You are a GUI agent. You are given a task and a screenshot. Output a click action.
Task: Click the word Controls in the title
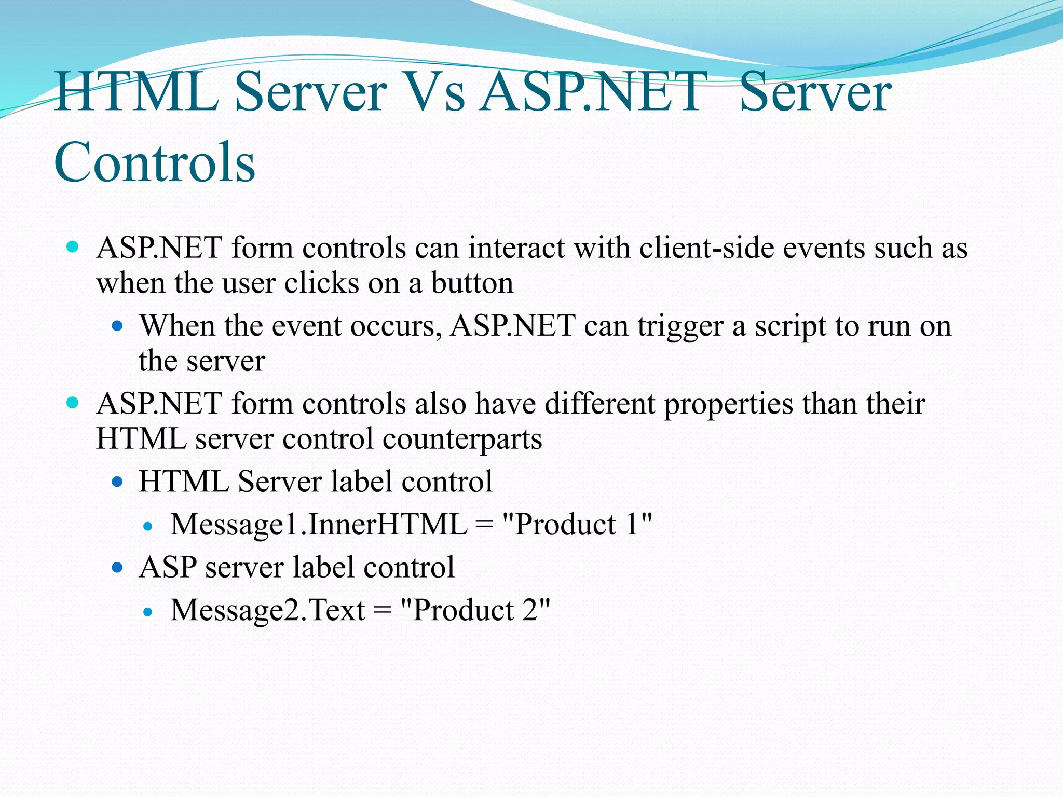point(155,163)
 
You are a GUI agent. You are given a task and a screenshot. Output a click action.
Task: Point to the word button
point(472,284)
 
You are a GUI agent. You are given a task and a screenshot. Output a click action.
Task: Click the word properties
point(728,404)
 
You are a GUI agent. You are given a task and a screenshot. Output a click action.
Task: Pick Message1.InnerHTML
point(319,525)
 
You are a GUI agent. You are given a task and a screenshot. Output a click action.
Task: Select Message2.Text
point(268,610)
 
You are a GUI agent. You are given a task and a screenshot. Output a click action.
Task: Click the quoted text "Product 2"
point(475,610)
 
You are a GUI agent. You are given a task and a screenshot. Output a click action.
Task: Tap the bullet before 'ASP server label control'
point(118,568)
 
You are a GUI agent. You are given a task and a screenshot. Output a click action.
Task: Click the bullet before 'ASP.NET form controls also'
point(73,402)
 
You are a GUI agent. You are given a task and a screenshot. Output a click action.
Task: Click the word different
point(599,404)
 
